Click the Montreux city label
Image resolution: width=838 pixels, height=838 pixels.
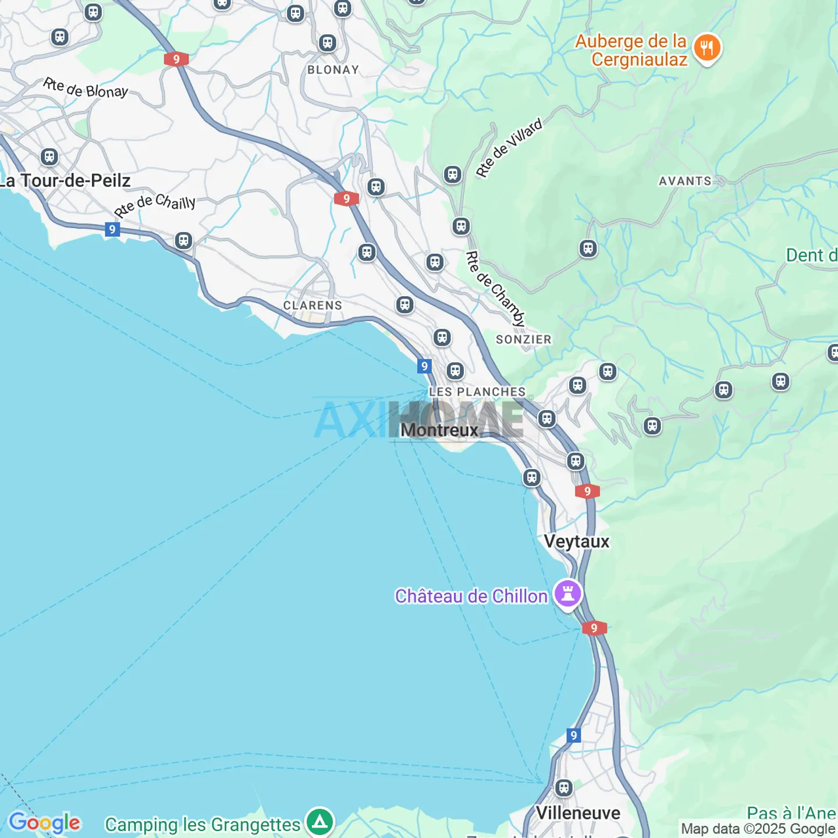pos(439,430)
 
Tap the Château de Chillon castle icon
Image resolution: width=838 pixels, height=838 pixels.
pos(568,594)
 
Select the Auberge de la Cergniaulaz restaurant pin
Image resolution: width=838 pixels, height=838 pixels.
pos(707,48)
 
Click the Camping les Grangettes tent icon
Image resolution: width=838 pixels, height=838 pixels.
pos(319,822)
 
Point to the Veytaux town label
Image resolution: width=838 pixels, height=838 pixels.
pos(577,541)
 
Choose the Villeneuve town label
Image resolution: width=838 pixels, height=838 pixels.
pos(578,813)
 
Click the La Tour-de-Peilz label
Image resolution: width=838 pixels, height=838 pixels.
pos(65,181)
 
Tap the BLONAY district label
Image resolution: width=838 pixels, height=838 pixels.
pos(333,70)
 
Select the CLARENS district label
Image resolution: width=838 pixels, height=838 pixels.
pos(313,306)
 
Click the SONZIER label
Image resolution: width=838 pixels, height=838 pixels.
pos(523,339)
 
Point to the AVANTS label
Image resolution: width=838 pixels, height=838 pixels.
pos(685,181)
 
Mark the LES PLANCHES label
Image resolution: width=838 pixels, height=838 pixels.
pos(477,392)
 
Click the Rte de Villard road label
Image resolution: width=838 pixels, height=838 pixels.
pos(509,147)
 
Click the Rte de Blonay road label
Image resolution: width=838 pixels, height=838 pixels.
pos(86,88)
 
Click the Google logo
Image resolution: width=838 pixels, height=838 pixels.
pos(44,822)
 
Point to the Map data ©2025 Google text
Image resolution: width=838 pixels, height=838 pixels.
pos(758,828)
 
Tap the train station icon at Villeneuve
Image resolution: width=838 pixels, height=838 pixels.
pos(563,788)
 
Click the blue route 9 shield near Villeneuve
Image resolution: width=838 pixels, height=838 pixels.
pos(574,735)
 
